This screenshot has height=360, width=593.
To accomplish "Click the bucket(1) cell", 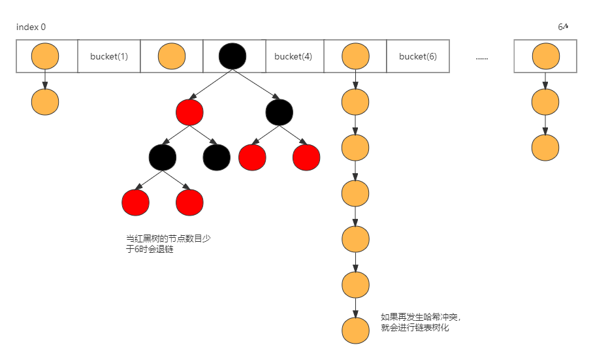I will click(109, 56).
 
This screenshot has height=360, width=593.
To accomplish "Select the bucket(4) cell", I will click(293, 56).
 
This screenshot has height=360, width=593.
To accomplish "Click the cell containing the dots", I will click(481, 57).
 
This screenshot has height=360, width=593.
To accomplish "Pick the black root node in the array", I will click(232, 56).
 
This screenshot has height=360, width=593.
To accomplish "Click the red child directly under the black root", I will click(189, 113).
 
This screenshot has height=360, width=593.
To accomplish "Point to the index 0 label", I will click(31, 27).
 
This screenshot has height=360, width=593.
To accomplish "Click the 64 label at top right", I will click(563, 27).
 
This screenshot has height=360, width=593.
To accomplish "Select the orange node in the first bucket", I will click(45, 56).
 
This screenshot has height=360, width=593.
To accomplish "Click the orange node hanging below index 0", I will click(45, 102).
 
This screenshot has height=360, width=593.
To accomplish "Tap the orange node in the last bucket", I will click(545, 57).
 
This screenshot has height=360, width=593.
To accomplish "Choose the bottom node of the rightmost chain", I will click(545, 148).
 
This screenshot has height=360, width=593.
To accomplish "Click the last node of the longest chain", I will click(355, 330).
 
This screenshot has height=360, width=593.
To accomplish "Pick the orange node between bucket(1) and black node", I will click(172, 56).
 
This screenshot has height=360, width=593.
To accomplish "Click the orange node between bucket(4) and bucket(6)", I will click(355, 56).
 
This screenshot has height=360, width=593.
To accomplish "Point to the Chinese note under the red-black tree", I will click(168, 244).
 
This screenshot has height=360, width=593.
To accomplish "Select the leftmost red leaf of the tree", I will click(135, 203).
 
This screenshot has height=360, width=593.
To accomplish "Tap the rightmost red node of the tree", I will click(306, 157).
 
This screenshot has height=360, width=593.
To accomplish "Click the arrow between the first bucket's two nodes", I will click(45, 79).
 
